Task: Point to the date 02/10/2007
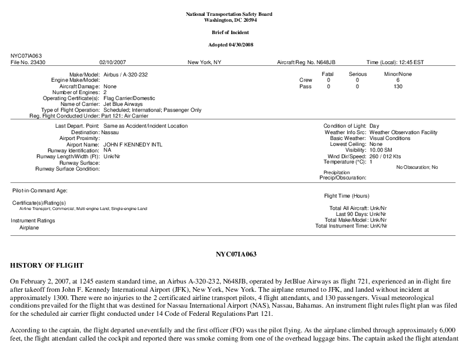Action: [x=112, y=61]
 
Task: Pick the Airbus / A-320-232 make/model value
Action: [x=127, y=74]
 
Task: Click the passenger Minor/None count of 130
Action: [x=398, y=86]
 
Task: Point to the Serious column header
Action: [x=357, y=74]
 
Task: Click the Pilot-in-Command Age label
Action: [x=39, y=191]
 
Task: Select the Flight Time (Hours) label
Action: [x=347, y=195]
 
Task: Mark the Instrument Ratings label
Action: [x=34, y=220]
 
